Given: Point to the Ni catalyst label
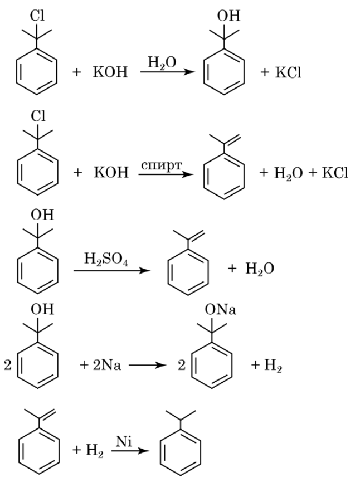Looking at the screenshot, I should pyautogui.click(x=124, y=441).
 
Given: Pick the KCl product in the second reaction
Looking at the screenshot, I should pyautogui.click(x=332, y=174).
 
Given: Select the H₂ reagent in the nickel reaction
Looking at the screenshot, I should pyautogui.click(x=89, y=450).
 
